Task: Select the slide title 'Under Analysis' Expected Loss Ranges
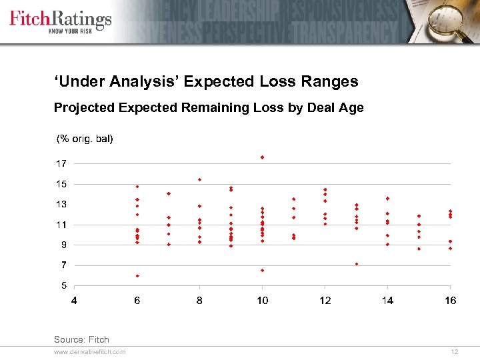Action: (x=206, y=81)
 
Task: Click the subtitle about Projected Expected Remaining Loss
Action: (x=209, y=107)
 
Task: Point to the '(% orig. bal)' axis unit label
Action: (x=85, y=139)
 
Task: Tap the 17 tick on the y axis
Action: (x=61, y=163)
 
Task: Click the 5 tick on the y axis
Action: (x=63, y=285)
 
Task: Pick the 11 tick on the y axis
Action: (x=61, y=225)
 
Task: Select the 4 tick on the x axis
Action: (x=74, y=301)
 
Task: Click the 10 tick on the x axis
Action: (x=263, y=301)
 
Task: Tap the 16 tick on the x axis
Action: (x=451, y=301)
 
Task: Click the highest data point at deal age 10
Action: (x=263, y=157)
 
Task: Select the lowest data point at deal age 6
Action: (x=137, y=275)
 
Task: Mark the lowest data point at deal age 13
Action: (x=357, y=263)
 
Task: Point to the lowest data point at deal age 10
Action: (x=263, y=270)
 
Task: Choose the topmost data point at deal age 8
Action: (x=199, y=179)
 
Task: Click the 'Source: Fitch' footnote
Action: (x=81, y=339)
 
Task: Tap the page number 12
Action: (x=454, y=352)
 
